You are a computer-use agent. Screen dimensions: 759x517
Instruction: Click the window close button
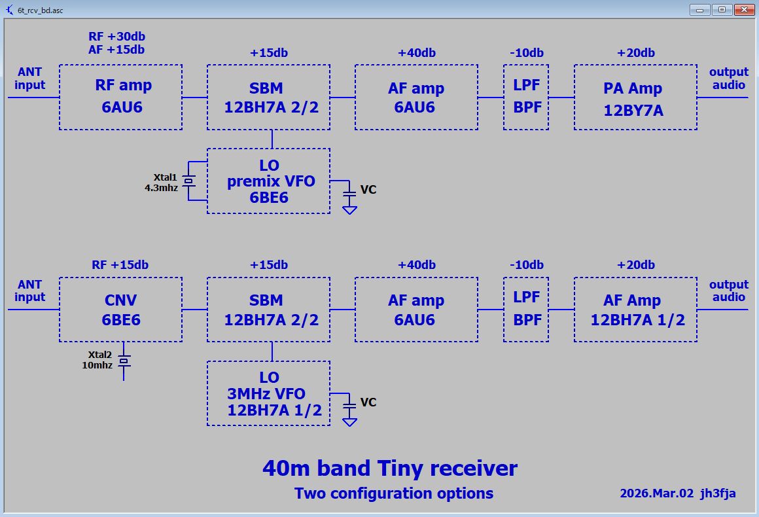point(744,10)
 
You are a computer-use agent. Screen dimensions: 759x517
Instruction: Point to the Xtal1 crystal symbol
point(189,181)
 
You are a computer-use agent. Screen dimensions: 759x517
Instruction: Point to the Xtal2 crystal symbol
point(124,361)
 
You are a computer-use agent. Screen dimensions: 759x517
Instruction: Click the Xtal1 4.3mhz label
point(161,183)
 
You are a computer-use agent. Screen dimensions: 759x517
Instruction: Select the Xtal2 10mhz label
point(97,360)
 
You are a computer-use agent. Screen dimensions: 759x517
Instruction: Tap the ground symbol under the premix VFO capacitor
point(349,209)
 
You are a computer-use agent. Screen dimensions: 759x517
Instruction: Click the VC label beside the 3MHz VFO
point(368,402)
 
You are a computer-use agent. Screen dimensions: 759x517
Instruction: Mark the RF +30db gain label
point(116,36)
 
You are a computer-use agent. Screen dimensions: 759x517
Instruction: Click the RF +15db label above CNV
point(120,265)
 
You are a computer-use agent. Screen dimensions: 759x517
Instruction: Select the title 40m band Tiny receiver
point(390,468)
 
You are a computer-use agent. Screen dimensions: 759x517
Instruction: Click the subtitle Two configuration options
point(394,493)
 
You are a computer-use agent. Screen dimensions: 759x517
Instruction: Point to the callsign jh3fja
point(718,493)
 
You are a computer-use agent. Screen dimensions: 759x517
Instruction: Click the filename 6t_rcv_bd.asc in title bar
point(40,10)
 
